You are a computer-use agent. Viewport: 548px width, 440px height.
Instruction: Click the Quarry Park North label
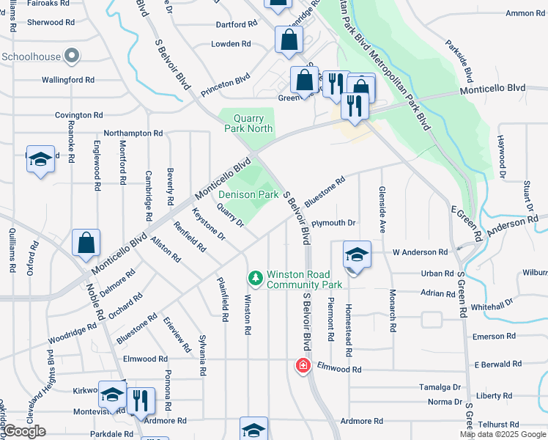(x=253, y=123)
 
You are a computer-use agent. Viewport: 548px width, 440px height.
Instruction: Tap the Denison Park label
(x=248, y=195)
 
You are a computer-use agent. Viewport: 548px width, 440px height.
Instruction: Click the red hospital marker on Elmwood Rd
(x=301, y=365)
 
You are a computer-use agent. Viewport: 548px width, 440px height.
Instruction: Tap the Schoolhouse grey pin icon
(x=72, y=55)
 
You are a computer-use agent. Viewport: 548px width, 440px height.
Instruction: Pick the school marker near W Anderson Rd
(x=357, y=254)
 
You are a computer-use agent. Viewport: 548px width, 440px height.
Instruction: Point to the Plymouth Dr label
(x=333, y=223)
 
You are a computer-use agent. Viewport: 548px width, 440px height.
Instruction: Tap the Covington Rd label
(x=79, y=115)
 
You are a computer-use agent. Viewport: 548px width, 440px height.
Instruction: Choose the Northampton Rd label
(x=133, y=133)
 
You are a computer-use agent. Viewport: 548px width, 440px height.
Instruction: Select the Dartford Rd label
(x=237, y=24)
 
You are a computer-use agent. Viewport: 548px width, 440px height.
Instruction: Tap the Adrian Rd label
(x=437, y=293)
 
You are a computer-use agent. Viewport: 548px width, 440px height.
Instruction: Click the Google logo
(x=24, y=432)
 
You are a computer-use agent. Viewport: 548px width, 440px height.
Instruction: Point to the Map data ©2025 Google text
(x=502, y=434)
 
